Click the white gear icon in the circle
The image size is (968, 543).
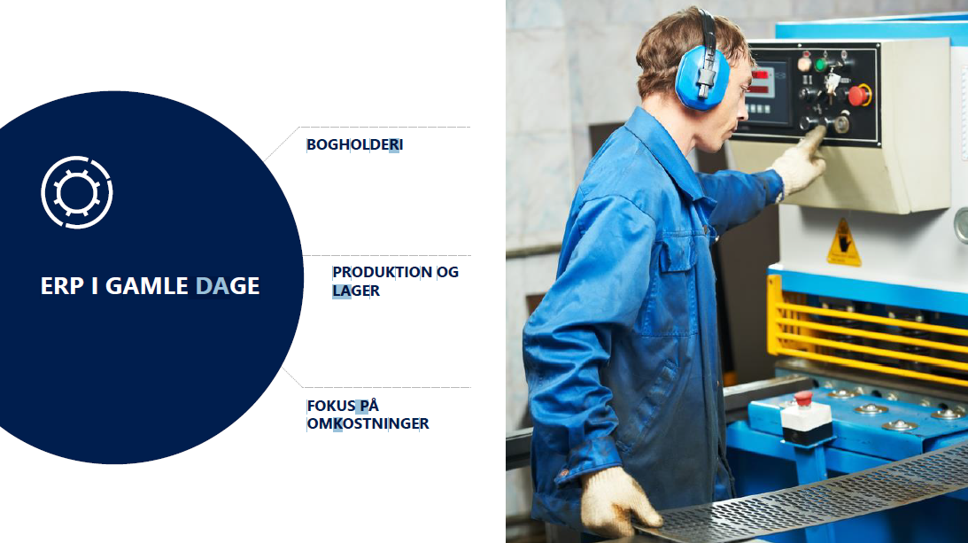(77, 192)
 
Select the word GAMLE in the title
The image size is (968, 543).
(147, 286)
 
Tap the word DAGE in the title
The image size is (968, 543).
(228, 286)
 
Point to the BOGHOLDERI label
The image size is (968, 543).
(355, 144)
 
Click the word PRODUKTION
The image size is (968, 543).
(382, 272)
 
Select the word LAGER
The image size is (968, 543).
(356, 291)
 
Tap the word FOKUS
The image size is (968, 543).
(331, 406)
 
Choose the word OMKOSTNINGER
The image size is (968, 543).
(368, 423)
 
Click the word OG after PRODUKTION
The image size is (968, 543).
(447, 272)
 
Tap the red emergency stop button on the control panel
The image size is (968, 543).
(858, 96)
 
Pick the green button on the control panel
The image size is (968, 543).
(822, 64)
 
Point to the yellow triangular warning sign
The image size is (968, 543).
(844, 243)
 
